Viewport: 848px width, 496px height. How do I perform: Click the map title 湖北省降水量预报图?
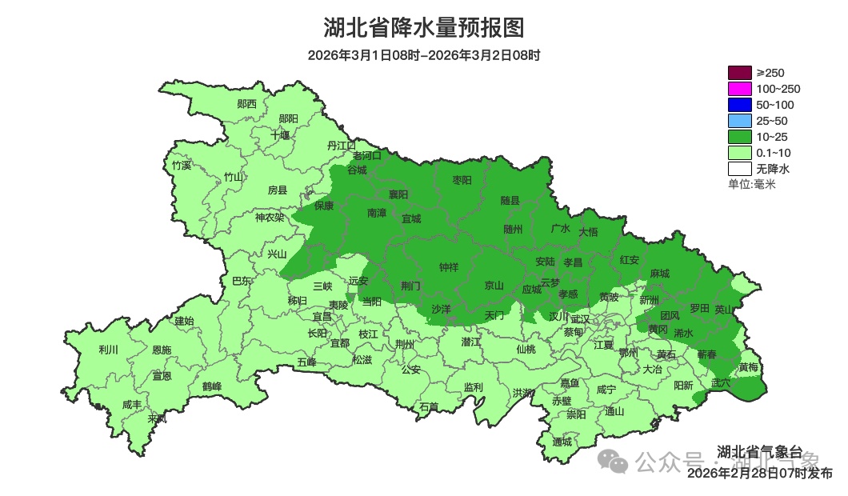click(424, 28)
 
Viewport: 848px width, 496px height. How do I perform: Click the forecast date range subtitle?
click(424, 55)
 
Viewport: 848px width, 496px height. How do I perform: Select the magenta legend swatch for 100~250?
click(739, 89)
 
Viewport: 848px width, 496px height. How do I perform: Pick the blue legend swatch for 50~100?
click(739, 105)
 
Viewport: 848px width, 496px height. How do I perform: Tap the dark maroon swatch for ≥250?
click(739, 73)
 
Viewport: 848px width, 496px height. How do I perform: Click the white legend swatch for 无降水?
click(739, 169)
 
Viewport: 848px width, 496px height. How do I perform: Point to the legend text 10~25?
click(772, 137)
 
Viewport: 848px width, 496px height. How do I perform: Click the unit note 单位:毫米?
click(751, 184)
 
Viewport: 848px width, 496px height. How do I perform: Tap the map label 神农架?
click(270, 217)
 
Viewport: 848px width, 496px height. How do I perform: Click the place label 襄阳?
click(398, 194)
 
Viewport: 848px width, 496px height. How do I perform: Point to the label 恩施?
click(161, 350)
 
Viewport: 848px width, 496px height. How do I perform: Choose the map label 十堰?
click(280, 134)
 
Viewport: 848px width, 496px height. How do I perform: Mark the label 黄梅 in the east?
click(748, 367)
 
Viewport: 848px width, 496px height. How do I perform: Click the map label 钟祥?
click(449, 267)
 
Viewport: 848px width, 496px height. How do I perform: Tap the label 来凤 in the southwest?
click(157, 418)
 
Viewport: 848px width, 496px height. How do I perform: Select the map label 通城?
click(562, 442)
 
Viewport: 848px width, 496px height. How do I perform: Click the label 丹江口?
click(341, 145)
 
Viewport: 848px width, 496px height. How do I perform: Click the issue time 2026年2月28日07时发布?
click(759, 474)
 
